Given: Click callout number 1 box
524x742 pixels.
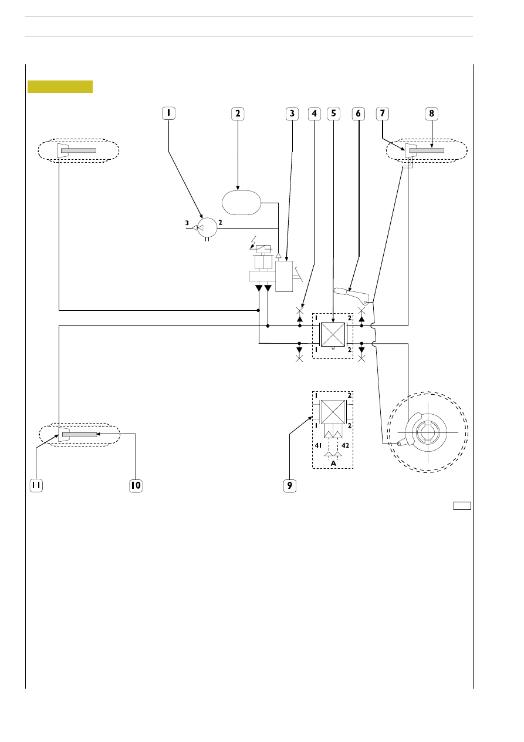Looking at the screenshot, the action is [169, 113].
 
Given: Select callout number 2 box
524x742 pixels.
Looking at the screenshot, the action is [238, 113].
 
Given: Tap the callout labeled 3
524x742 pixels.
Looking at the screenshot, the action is [292, 113].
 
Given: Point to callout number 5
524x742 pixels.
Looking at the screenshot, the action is [333, 113].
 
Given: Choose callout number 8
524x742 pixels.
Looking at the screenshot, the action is [431, 113].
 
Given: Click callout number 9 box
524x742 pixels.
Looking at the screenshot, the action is [290, 486].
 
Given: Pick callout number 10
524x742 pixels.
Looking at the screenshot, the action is [136, 486].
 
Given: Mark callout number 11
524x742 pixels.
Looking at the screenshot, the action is [36, 486].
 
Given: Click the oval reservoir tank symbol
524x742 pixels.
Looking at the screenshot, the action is [242, 203].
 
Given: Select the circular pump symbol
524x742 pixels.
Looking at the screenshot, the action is [207, 227].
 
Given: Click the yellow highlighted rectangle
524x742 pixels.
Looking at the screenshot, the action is [60, 86].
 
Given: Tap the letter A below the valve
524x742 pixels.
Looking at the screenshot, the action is [333, 464].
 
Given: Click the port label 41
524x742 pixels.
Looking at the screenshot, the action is [318, 445].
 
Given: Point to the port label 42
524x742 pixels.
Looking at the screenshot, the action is [345, 445].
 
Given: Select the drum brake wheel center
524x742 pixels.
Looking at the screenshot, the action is [428, 432].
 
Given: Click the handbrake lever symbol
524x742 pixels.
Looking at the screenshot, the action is [351, 295].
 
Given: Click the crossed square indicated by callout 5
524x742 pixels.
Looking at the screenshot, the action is [333, 334].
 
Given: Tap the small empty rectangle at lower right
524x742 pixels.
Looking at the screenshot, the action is [462, 506].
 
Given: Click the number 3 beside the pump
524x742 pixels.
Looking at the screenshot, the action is [187, 223].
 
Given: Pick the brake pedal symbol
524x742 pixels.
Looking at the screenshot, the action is [299, 274].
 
